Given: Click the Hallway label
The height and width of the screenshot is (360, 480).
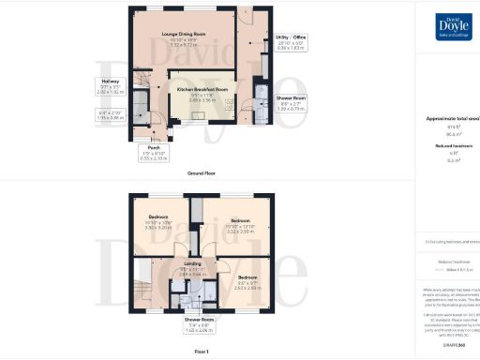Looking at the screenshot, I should [111, 82].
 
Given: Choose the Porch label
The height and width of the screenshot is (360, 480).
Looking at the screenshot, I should [154, 147].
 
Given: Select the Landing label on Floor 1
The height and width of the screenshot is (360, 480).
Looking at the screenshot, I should [192, 264].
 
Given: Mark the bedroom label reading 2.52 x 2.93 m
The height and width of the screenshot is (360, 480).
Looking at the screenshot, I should [247, 278].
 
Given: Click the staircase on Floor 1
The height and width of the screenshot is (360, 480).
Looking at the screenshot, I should [145, 280].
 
